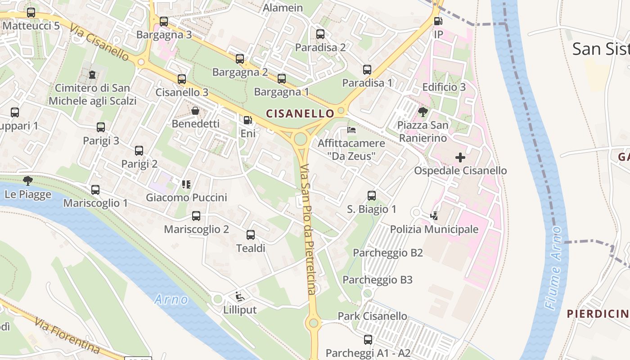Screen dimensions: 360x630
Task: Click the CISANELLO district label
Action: [x=300, y=113]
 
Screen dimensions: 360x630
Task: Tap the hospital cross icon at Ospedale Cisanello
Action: [x=460, y=157]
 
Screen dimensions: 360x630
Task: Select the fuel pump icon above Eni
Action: [x=247, y=120]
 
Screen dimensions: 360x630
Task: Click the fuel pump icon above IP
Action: [x=438, y=21]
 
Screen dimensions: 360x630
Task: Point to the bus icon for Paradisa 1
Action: [x=367, y=70]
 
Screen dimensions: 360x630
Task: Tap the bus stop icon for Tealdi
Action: [x=251, y=235]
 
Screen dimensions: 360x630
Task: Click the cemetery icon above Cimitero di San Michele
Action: [x=92, y=74]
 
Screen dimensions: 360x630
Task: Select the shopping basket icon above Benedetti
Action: [x=195, y=111]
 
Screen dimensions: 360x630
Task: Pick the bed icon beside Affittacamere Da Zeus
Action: [x=351, y=130]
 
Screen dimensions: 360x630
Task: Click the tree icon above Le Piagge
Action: [x=28, y=181]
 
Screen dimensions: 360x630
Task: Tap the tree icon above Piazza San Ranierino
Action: [x=423, y=112]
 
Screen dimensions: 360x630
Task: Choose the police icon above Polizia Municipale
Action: [x=434, y=216]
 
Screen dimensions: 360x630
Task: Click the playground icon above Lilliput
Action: [x=239, y=297]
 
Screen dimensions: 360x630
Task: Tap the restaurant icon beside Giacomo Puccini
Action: [x=186, y=184]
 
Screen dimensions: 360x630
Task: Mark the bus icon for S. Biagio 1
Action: [x=372, y=196]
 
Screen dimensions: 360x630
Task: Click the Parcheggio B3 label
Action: [x=378, y=280]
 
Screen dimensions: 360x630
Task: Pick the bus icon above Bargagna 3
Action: [x=164, y=21]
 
